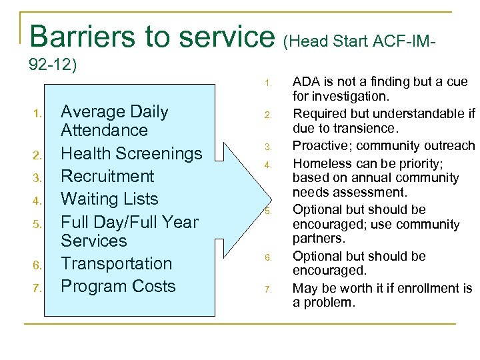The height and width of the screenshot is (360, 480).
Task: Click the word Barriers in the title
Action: (x=82, y=36)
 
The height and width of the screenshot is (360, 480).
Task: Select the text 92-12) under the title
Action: (x=54, y=65)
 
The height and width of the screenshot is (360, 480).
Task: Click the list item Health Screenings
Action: (x=131, y=153)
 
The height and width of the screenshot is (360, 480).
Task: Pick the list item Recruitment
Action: (x=107, y=176)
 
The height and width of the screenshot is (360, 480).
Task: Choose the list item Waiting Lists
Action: (x=109, y=199)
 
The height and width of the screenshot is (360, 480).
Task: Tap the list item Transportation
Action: (x=117, y=263)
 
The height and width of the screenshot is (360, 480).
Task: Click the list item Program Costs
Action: (x=118, y=286)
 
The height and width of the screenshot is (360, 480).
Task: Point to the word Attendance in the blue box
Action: (x=104, y=130)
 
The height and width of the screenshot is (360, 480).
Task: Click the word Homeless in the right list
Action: (x=317, y=162)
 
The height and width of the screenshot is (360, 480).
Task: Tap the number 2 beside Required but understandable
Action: (x=267, y=115)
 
